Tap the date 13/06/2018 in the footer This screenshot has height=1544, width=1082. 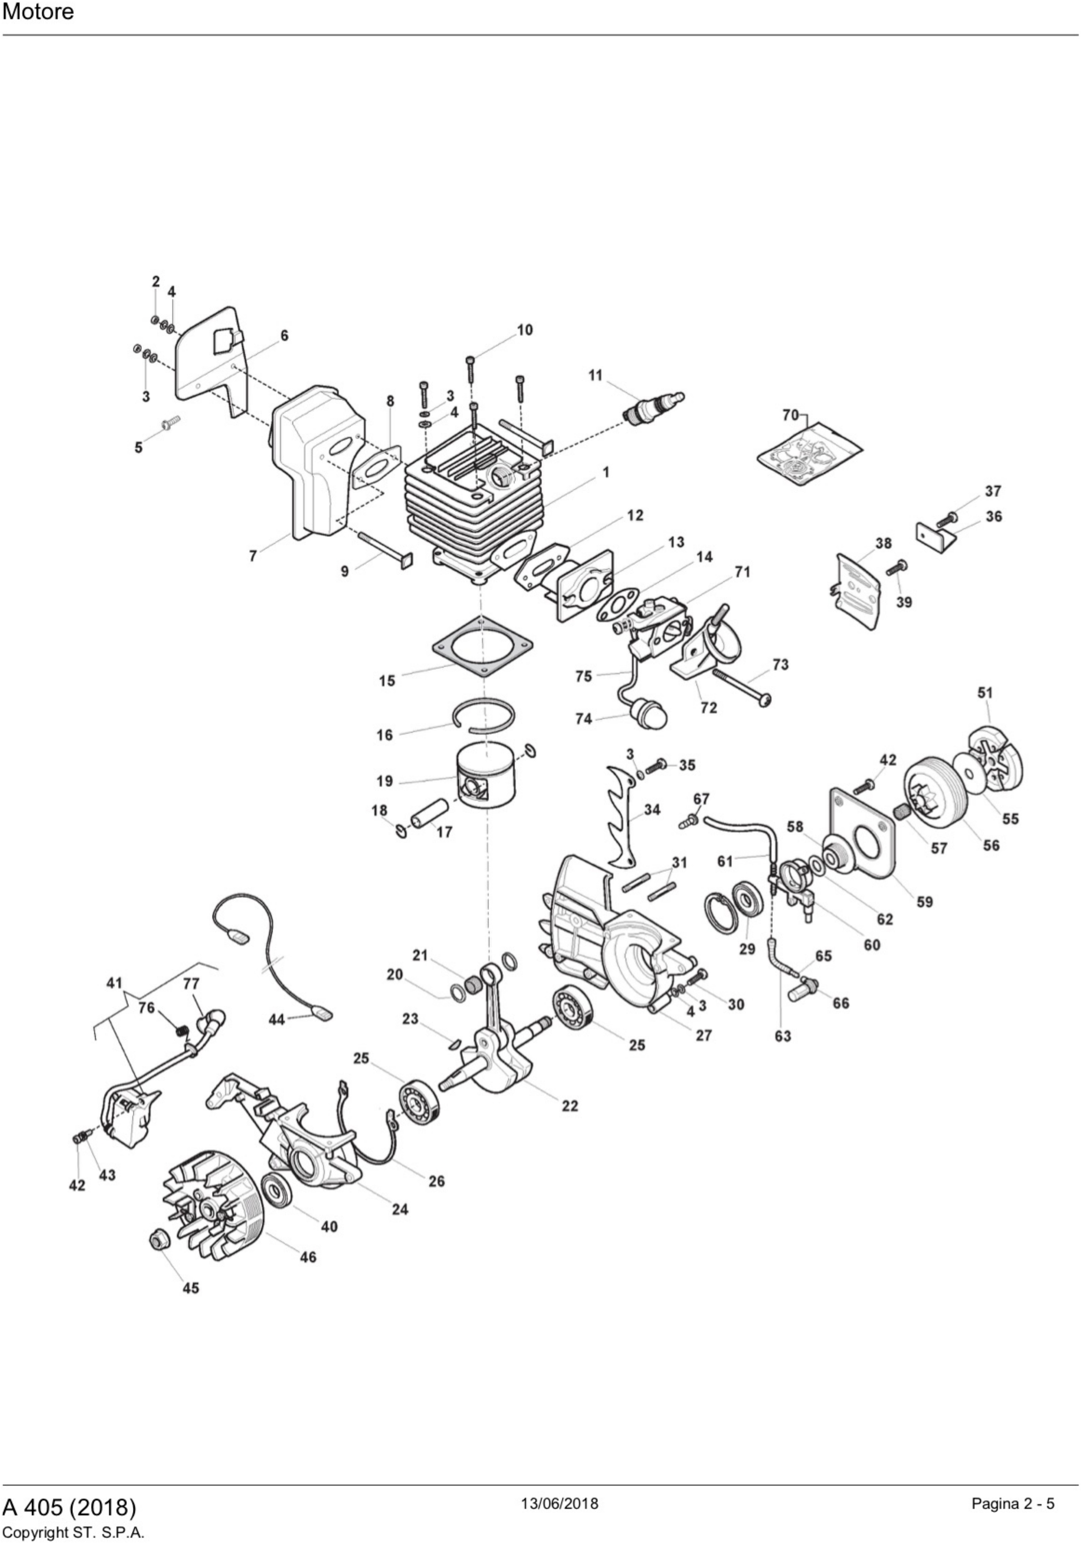[559, 1502]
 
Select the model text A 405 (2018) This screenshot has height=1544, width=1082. [69, 1506]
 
